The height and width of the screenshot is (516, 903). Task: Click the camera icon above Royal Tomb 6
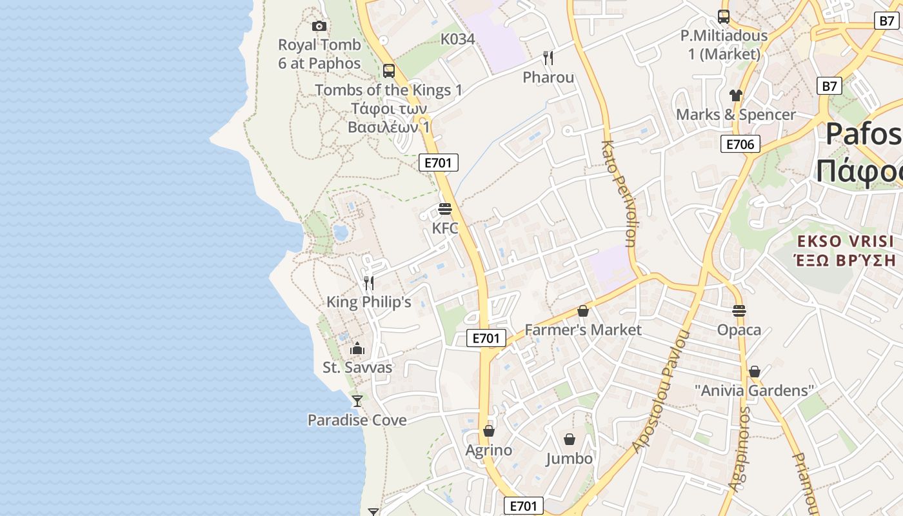pyautogui.click(x=319, y=26)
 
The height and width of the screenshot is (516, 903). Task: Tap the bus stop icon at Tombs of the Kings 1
pyautogui.click(x=388, y=71)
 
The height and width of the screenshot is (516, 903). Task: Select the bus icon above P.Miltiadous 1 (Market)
pyautogui.click(x=724, y=17)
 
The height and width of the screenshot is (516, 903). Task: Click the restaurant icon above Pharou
pyautogui.click(x=548, y=59)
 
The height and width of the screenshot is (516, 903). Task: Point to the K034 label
pyautogui.click(x=458, y=39)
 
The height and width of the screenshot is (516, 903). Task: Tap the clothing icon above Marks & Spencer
pyautogui.click(x=736, y=95)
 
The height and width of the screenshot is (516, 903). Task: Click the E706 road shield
pyautogui.click(x=740, y=144)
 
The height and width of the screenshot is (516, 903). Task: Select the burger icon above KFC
pyautogui.click(x=445, y=209)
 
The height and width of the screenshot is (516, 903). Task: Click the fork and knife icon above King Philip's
pyautogui.click(x=369, y=283)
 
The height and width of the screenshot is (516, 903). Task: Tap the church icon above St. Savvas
pyautogui.click(x=357, y=349)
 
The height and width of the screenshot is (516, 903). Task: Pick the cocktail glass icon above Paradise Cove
pyautogui.click(x=357, y=401)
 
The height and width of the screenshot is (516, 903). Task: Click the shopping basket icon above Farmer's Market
pyautogui.click(x=583, y=311)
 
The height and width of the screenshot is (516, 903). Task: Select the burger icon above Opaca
pyautogui.click(x=739, y=311)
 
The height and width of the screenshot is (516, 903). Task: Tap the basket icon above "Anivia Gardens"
pyautogui.click(x=755, y=372)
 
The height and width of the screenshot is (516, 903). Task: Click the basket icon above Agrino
pyautogui.click(x=489, y=431)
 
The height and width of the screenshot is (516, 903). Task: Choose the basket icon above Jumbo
pyautogui.click(x=570, y=440)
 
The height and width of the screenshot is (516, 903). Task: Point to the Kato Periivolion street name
pyautogui.click(x=619, y=193)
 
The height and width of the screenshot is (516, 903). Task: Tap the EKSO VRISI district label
pyautogui.click(x=846, y=242)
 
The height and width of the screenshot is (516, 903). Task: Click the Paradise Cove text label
pyautogui.click(x=357, y=421)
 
